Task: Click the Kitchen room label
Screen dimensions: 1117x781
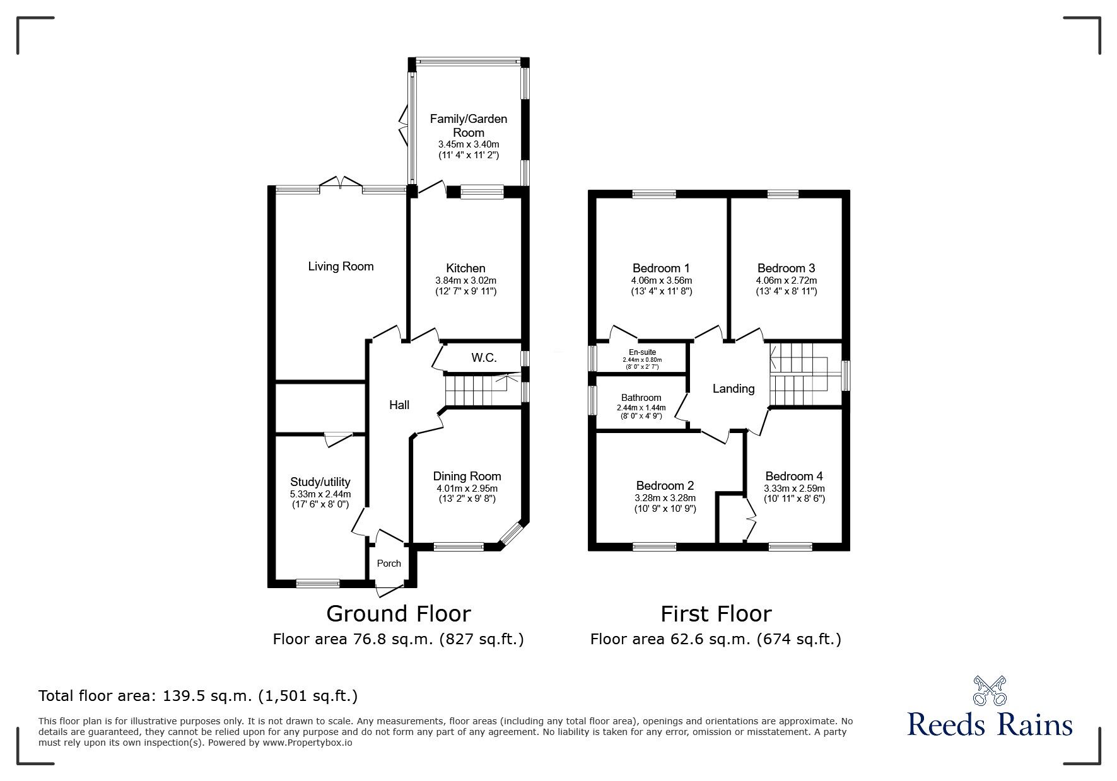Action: (x=465, y=268)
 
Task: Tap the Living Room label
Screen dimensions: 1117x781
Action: (x=341, y=267)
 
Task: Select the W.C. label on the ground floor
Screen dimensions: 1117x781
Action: (x=484, y=358)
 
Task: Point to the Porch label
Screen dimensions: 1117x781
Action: (x=389, y=564)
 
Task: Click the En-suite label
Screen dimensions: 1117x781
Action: (x=642, y=352)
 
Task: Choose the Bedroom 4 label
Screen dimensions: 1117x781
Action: (x=793, y=477)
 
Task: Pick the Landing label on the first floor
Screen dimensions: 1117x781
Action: (x=734, y=389)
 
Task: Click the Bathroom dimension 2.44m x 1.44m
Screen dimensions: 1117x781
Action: (x=641, y=408)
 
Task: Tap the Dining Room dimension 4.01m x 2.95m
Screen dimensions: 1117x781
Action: (x=467, y=489)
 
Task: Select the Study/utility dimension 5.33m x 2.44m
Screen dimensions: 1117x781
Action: (x=320, y=494)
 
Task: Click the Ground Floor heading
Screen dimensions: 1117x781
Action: (x=398, y=614)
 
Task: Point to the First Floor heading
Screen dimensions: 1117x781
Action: (x=716, y=614)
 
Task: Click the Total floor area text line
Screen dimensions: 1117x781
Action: (x=198, y=697)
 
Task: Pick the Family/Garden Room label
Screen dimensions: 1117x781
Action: (x=468, y=125)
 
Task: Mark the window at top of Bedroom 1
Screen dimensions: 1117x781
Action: (x=654, y=194)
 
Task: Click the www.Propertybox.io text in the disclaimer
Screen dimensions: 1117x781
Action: (x=307, y=743)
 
